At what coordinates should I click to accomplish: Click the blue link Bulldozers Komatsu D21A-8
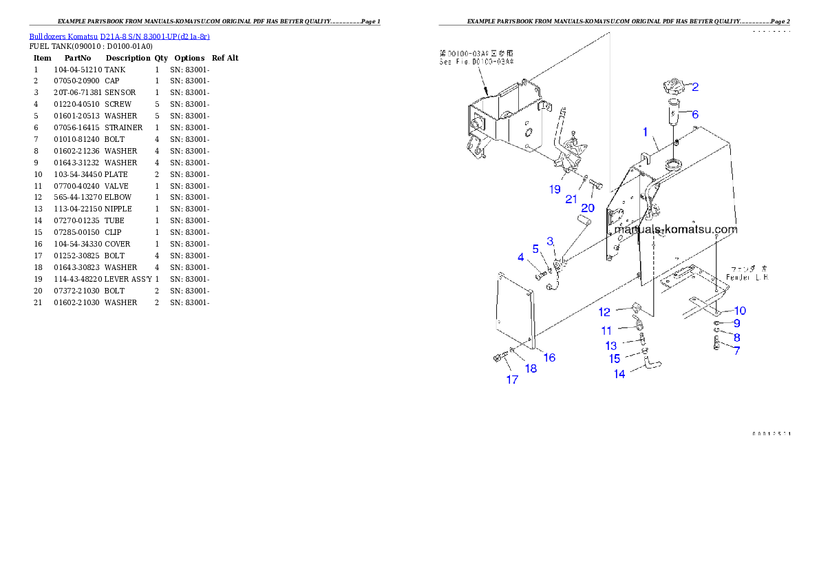119,37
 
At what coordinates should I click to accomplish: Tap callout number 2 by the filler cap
695,87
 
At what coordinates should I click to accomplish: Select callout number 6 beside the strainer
695,114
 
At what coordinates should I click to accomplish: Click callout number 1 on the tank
645,131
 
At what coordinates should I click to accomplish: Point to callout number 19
555,189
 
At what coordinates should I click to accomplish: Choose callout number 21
571,200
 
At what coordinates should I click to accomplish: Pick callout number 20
588,208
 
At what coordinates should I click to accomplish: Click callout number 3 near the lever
551,241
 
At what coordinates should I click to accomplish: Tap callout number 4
521,258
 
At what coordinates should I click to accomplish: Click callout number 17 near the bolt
512,380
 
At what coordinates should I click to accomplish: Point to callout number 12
604,312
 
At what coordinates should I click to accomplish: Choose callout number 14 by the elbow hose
619,374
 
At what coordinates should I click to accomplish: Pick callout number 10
740,311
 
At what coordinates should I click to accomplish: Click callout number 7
736,351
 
